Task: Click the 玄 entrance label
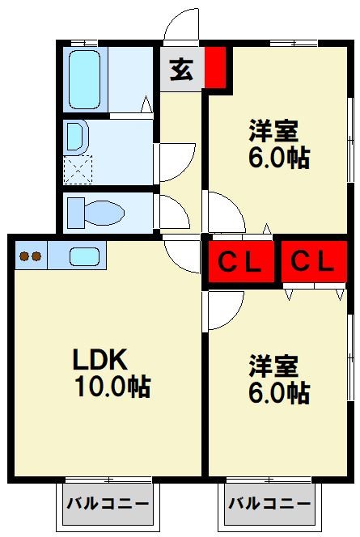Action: (181, 71)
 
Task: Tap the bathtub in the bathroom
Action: (84, 79)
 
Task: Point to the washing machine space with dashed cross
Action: (79, 170)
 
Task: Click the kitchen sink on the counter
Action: (84, 257)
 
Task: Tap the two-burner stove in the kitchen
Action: (30, 257)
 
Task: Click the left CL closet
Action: (240, 261)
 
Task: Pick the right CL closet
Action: (312, 261)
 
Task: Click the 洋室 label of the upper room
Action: (273, 129)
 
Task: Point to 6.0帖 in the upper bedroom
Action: (278, 157)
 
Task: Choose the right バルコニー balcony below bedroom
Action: (269, 504)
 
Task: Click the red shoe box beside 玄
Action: (214, 69)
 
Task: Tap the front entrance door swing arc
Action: (180, 24)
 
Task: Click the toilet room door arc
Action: (173, 212)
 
